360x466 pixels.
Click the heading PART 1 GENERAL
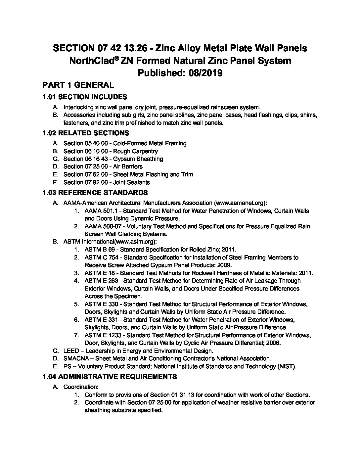(x=78, y=85)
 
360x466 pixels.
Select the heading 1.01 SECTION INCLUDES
(x=85, y=97)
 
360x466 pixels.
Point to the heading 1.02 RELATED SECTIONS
(x=86, y=133)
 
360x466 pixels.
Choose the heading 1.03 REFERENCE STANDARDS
(x=95, y=192)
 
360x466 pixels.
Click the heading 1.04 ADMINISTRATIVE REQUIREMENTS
(x=110, y=376)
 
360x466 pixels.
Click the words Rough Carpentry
(x=135, y=151)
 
